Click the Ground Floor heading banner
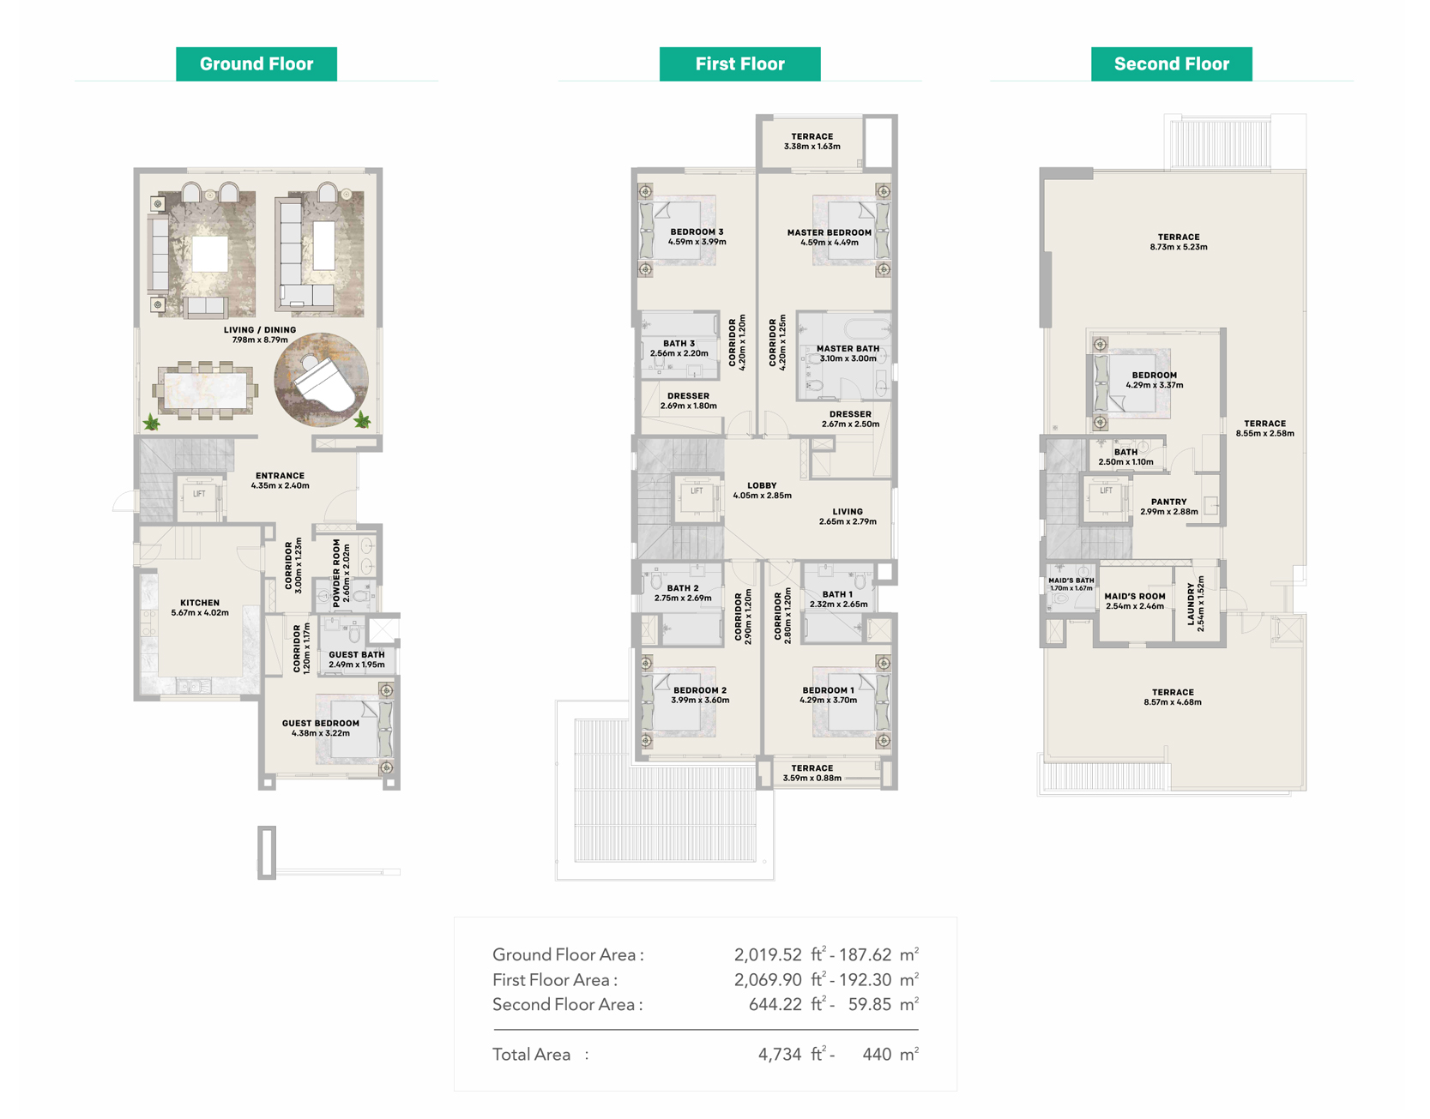coord(256,64)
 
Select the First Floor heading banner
coord(739,64)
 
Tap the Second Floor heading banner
coord(1171,64)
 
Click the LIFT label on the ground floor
coord(199,494)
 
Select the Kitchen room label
coord(200,608)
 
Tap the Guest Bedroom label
coord(321,728)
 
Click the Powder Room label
coord(341,572)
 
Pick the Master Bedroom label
coord(830,238)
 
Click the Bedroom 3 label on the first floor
coord(697,237)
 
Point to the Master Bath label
coord(848,353)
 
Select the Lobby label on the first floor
coord(762,490)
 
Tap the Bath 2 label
coord(683,593)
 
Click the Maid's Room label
coord(1135,601)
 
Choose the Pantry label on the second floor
coord(1169,507)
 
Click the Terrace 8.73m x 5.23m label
coord(1179,242)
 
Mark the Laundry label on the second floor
coord(1196,604)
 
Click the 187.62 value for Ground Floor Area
coord(865,954)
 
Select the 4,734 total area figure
coord(780,1055)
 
